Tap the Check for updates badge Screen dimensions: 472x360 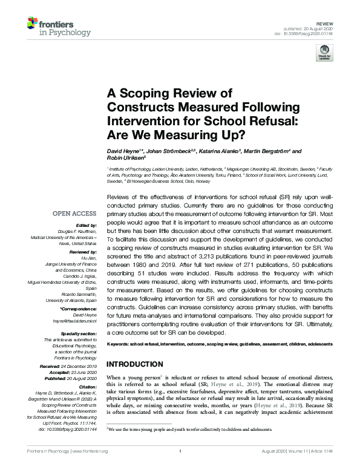324,53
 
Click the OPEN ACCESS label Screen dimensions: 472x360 74,213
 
